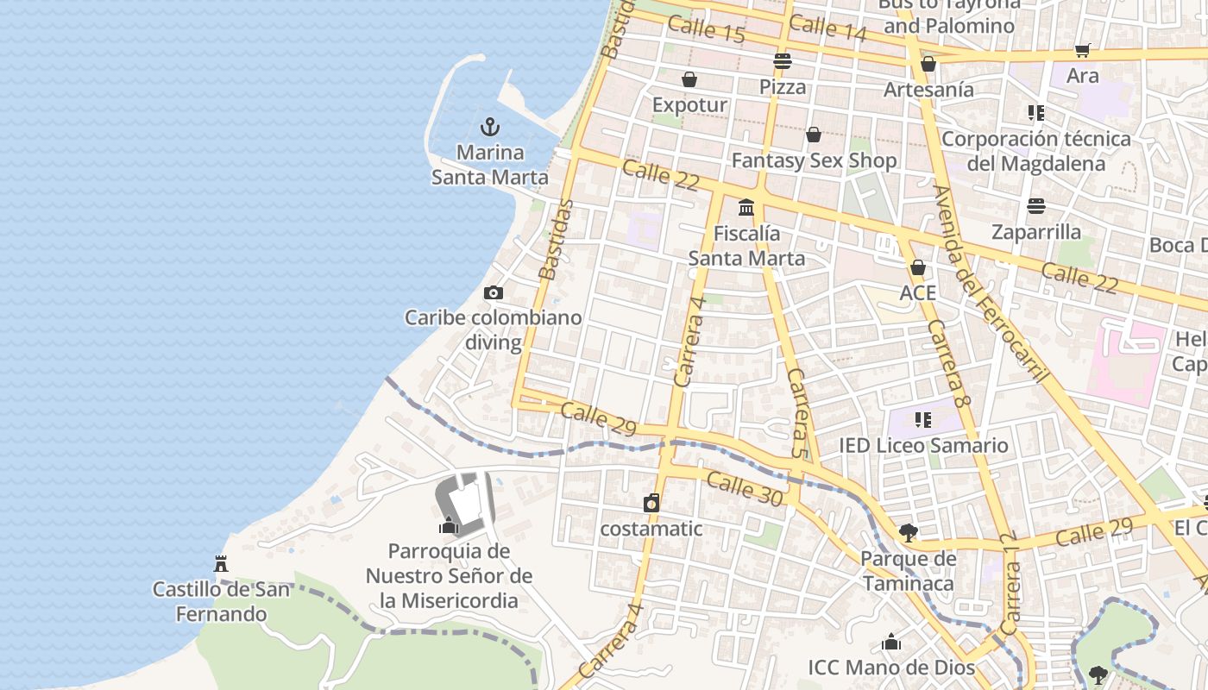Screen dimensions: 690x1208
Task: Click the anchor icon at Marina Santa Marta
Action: coord(490,128)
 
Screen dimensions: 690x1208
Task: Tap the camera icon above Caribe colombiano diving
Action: coord(494,293)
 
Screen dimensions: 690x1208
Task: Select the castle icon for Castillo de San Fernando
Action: coord(221,564)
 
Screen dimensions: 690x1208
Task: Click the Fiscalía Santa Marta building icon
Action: coord(746,208)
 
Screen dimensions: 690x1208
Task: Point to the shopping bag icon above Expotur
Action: coord(689,80)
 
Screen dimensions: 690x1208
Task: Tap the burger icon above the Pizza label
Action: coord(783,61)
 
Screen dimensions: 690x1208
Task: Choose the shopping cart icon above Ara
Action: coord(1083,51)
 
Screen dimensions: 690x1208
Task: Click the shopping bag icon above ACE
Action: coord(918,267)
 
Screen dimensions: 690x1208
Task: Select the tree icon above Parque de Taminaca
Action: coord(908,533)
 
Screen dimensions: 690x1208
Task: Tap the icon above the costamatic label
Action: coord(651,503)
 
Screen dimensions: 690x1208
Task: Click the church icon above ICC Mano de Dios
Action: coord(891,643)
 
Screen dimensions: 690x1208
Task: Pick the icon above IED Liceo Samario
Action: coord(923,420)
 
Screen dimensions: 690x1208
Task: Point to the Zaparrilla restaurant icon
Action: coord(1036,206)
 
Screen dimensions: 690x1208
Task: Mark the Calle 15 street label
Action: coord(706,29)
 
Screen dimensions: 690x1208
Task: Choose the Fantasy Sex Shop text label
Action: coord(814,160)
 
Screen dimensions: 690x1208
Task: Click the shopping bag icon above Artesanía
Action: coord(928,65)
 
